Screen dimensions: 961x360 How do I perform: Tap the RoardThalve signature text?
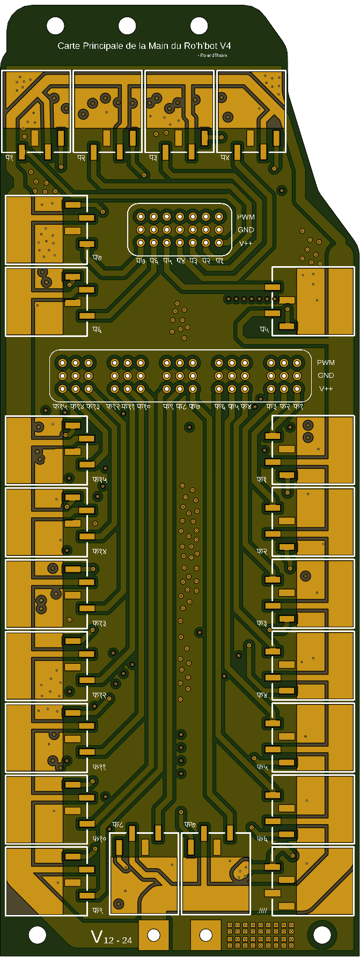pyautogui.click(x=212, y=55)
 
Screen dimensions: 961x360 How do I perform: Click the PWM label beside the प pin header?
pyautogui.click(x=246, y=217)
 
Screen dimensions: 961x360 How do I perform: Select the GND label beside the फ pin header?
pyautogui.click(x=326, y=376)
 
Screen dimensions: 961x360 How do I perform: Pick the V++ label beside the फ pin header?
pyautogui.click(x=326, y=388)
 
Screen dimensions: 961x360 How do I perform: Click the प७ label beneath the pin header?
pyautogui.click(x=141, y=261)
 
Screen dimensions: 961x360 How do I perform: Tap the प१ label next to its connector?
pyautogui.click(x=10, y=158)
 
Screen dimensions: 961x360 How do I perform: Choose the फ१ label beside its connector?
pyautogui.click(x=262, y=479)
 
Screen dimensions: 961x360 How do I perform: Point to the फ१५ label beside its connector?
pyautogui.click(x=100, y=479)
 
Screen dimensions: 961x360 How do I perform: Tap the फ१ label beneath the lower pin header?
pyautogui.click(x=298, y=407)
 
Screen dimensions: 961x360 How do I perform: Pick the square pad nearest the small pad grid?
pyautogui.click(x=205, y=935)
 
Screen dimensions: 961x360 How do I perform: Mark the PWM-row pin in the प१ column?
pyautogui.click(x=218, y=217)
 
